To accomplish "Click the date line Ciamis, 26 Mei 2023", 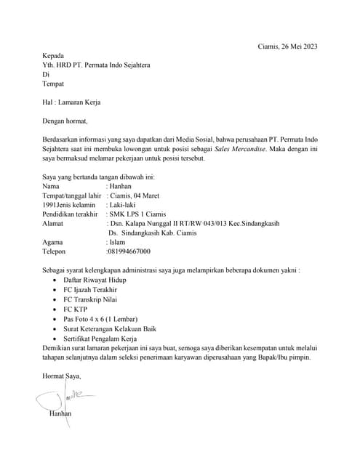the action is (288, 46).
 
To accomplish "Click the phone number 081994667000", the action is (129, 251).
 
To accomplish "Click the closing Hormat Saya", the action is (62, 376).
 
